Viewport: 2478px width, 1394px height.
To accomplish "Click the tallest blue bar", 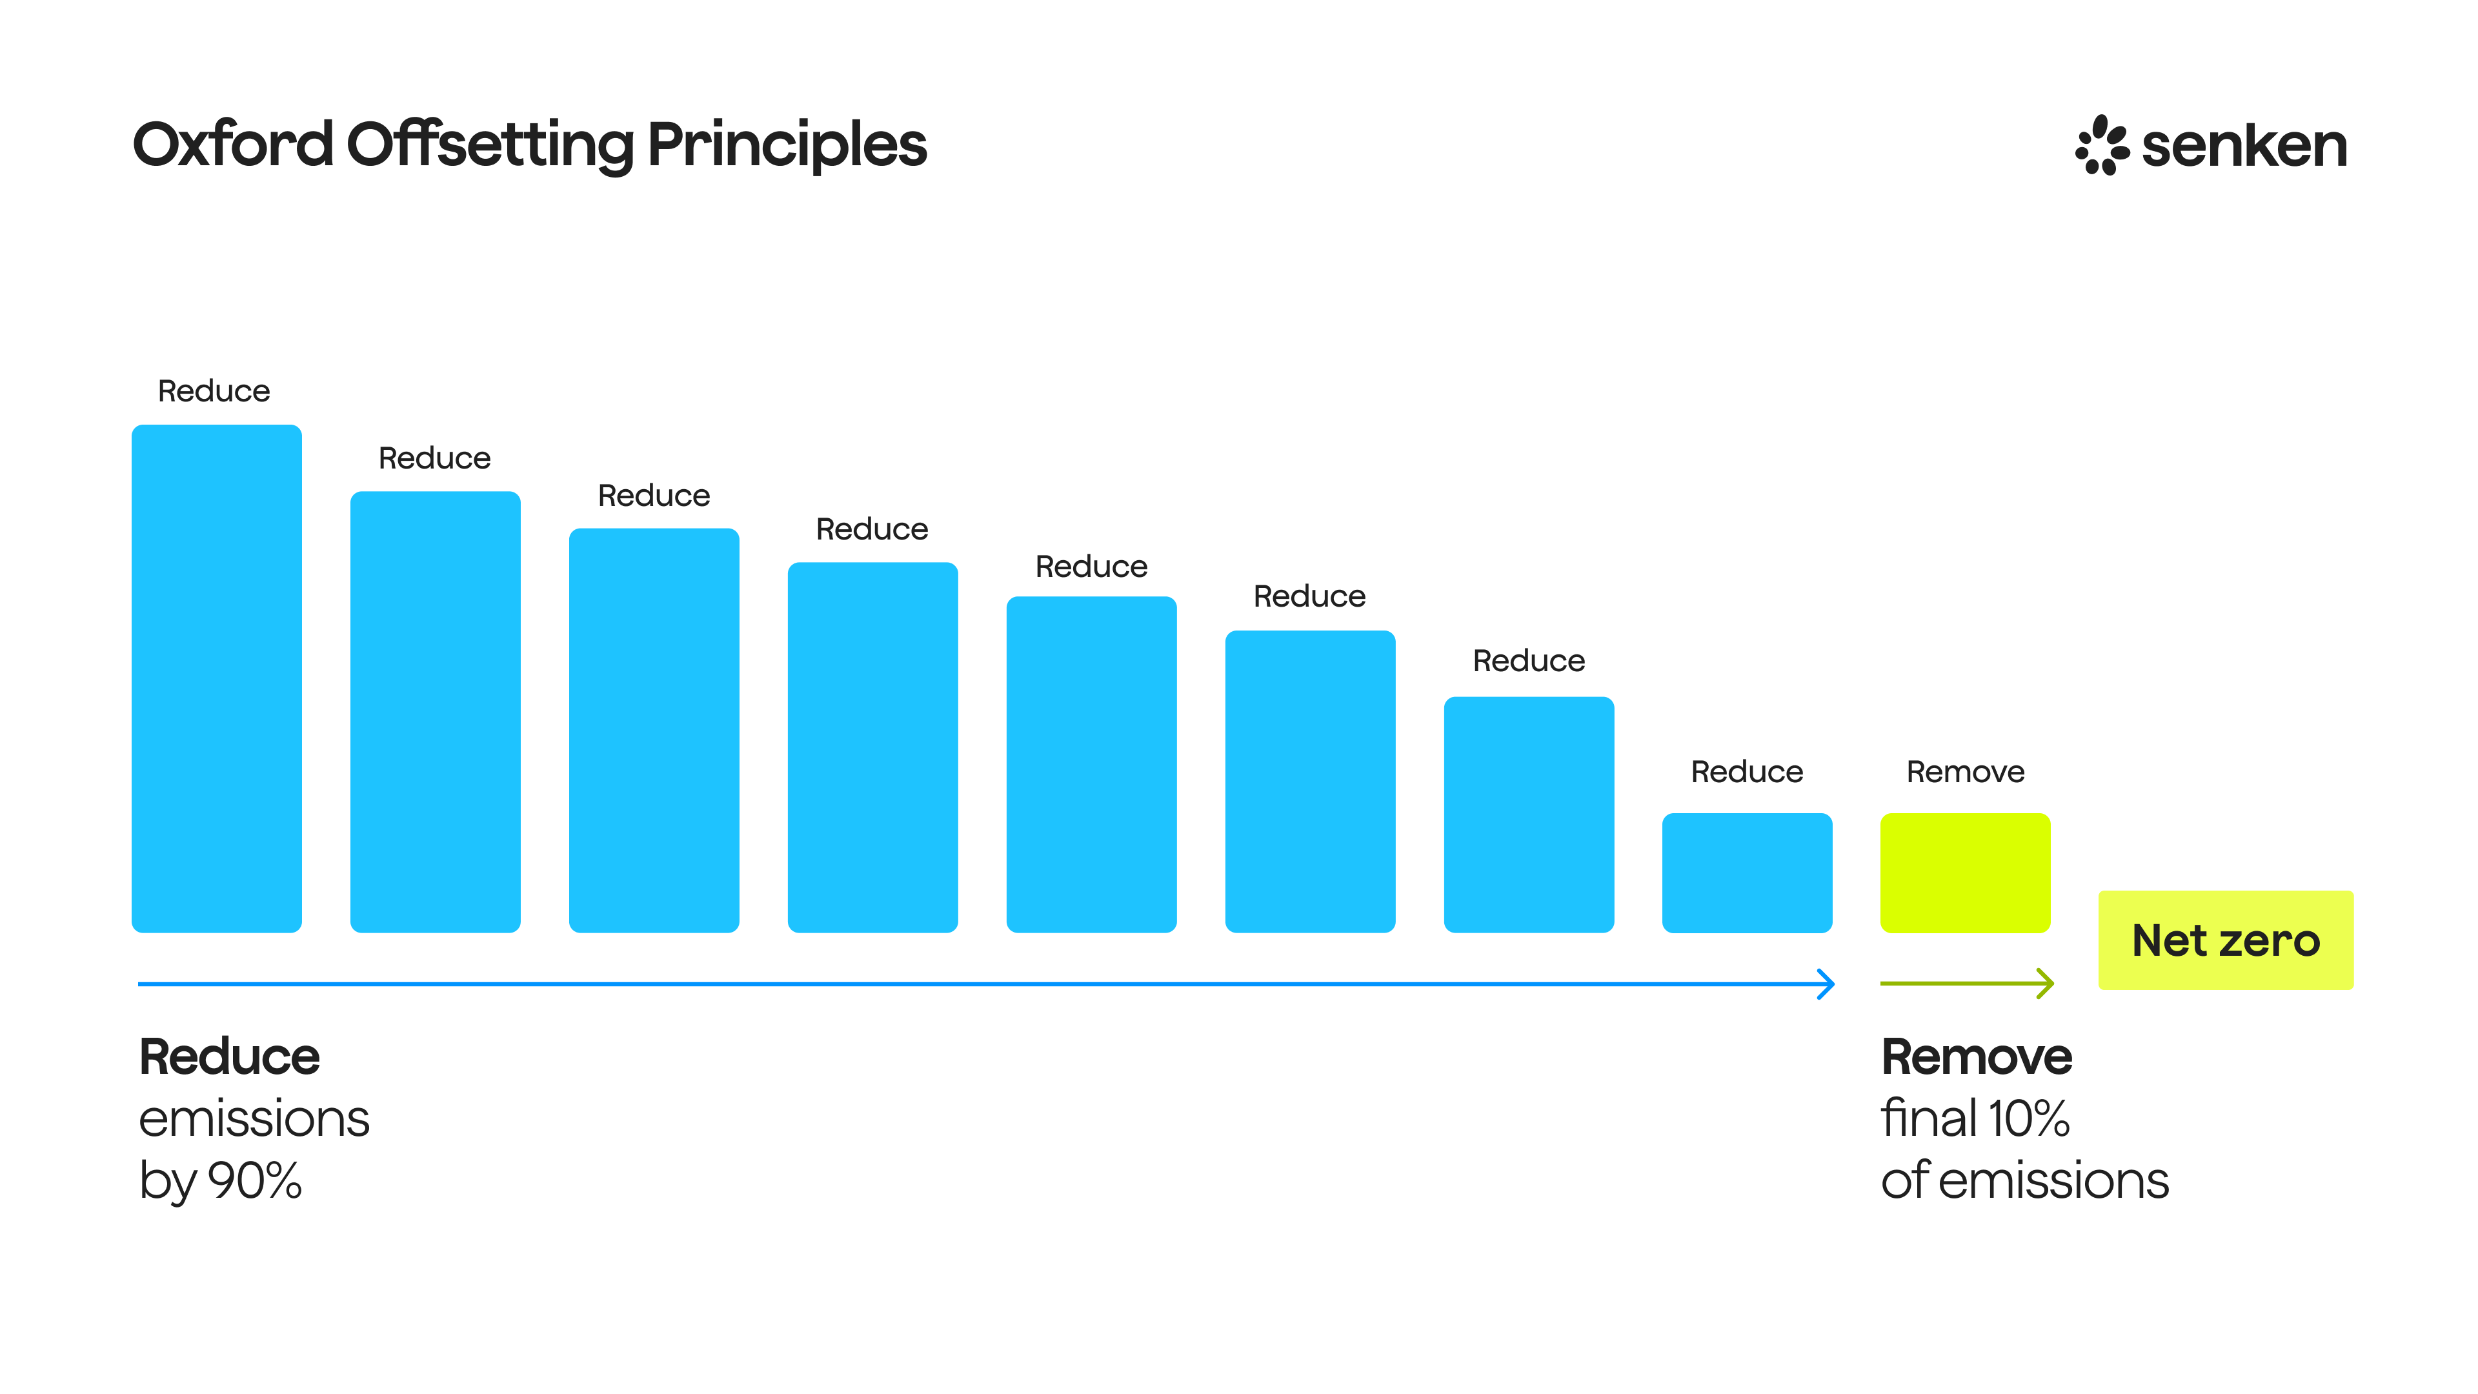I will [x=216, y=678].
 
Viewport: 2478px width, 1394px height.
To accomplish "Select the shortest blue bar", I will [x=1747, y=873].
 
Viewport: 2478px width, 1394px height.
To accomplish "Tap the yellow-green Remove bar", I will [x=1965, y=873].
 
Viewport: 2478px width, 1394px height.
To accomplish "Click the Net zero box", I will [x=2226, y=940].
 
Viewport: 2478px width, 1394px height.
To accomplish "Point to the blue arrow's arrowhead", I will [x=1826, y=984].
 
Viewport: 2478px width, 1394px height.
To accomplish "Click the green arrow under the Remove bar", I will [x=1966, y=983].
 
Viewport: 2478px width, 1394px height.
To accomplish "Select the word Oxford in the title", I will [x=233, y=145].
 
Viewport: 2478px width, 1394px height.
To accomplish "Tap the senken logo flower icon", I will [x=2101, y=145].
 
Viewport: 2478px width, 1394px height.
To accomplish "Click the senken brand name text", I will [x=2244, y=146].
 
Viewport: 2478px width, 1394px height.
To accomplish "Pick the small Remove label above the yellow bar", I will [x=1965, y=772].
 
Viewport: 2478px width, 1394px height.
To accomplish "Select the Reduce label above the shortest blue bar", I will [x=1747, y=772].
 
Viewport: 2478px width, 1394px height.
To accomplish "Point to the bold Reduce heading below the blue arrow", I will [x=229, y=1056].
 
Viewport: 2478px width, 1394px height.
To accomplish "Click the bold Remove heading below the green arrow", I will [x=1976, y=1056].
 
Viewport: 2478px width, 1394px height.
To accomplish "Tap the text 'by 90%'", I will [x=220, y=1180].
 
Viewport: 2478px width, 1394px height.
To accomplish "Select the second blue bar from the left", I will [x=435, y=712].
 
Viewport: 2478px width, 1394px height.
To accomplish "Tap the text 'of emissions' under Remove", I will [x=2024, y=1180].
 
